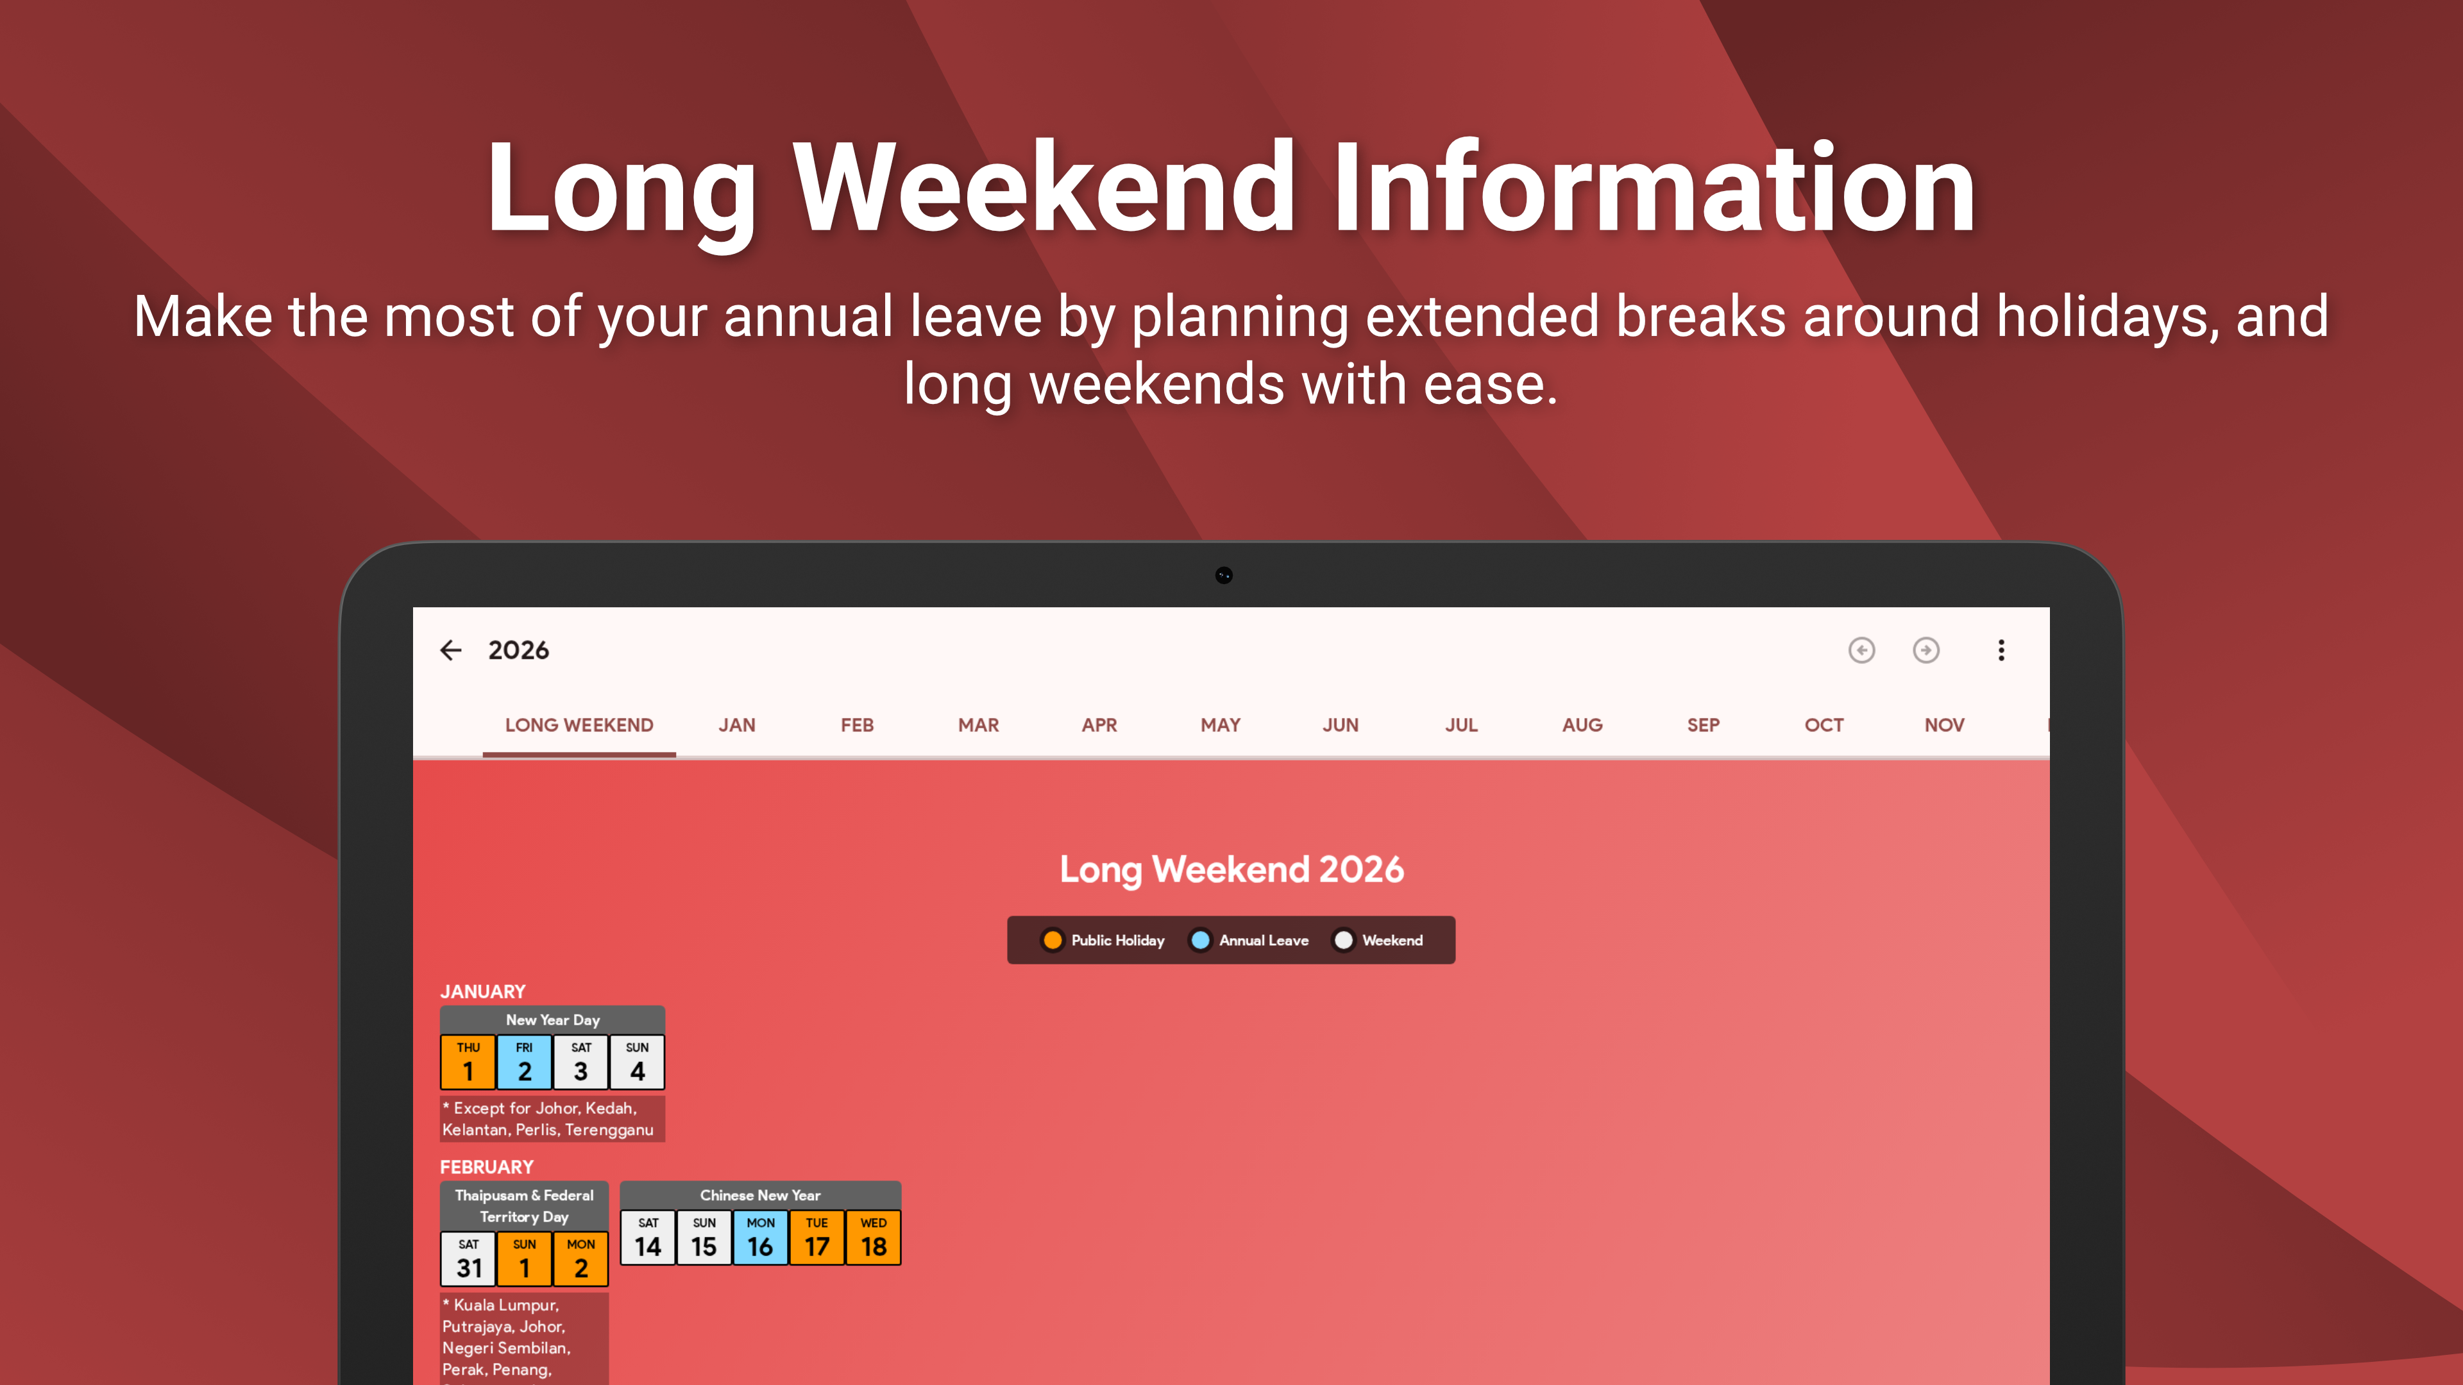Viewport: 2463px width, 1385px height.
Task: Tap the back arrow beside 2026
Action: (x=450, y=650)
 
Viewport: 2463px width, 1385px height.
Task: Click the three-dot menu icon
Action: (x=2001, y=650)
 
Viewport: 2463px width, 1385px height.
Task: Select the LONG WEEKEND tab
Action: (x=579, y=725)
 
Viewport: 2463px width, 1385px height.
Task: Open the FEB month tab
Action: (x=857, y=725)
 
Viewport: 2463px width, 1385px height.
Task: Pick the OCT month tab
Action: (x=1824, y=725)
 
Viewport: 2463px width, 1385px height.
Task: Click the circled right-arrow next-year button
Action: (x=1926, y=650)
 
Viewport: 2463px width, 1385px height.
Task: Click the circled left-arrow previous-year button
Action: (x=1861, y=650)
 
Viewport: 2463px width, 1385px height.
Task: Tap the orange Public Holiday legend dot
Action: (x=1052, y=939)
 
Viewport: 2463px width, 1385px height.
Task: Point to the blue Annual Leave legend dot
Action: (x=1200, y=939)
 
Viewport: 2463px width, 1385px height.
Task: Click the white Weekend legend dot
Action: (x=1343, y=939)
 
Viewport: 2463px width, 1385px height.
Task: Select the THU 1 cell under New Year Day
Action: (x=468, y=1062)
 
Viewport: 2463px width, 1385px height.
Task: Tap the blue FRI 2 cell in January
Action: (x=524, y=1062)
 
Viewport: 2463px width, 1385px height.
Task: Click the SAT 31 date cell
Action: (x=468, y=1259)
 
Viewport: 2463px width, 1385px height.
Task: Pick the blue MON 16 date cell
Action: (x=760, y=1238)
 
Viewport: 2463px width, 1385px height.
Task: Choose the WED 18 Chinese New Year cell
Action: (x=873, y=1238)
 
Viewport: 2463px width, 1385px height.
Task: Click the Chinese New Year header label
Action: (x=760, y=1195)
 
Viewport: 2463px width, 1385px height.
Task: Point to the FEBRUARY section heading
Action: (x=487, y=1167)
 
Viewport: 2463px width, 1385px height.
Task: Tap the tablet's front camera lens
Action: (x=1224, y=575)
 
